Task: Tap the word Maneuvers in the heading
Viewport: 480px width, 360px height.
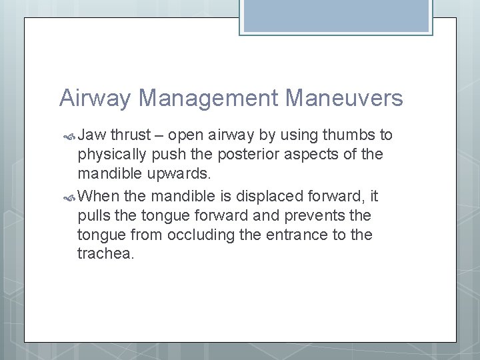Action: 344,99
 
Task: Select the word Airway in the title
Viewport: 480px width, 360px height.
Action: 97,99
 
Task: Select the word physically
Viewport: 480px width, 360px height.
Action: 111,155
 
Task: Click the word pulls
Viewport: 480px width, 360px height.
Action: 95,216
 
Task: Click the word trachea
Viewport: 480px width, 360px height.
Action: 106,255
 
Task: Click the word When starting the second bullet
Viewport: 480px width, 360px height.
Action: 99,196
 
